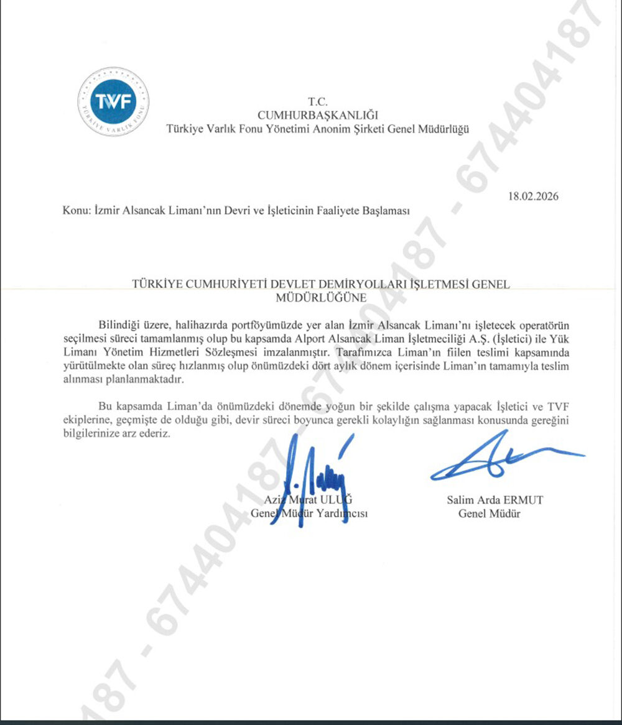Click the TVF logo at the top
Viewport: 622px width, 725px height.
[113, 101]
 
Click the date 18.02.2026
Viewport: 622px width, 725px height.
[533, 196]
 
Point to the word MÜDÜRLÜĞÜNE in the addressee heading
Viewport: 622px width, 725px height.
[320, 297]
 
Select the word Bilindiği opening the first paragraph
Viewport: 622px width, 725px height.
[121, 325]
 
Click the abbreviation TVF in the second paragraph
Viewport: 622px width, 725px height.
[559, 407]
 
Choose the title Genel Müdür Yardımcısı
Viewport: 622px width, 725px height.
[310, 514]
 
